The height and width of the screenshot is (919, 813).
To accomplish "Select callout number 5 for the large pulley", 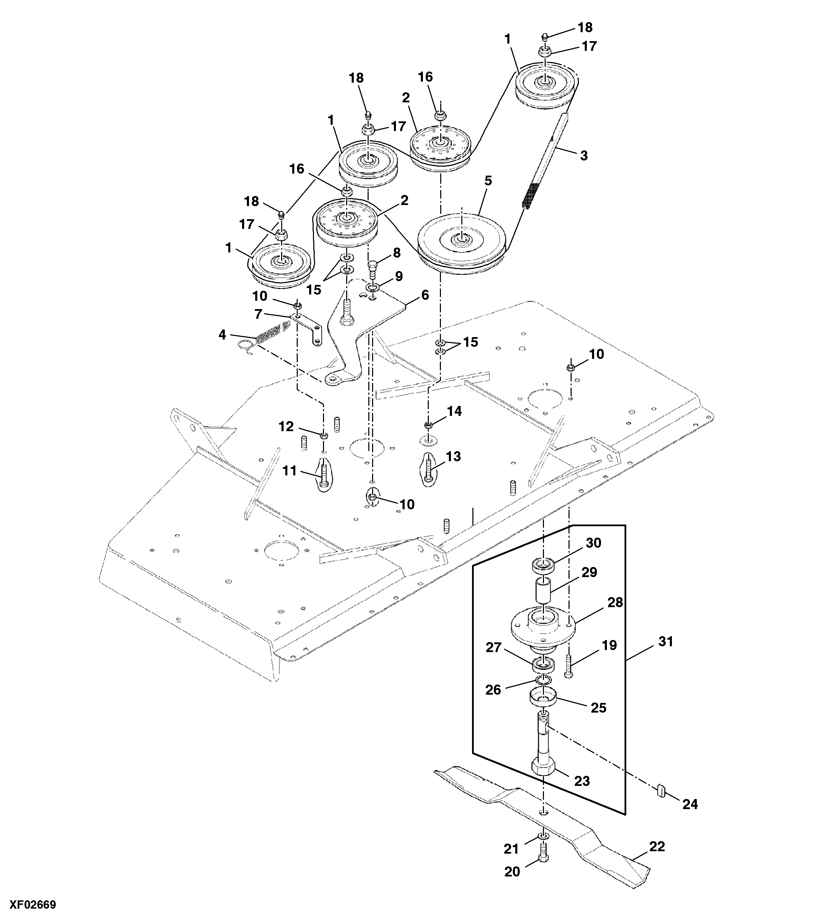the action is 488,181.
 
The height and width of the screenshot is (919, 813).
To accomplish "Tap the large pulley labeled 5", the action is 462,242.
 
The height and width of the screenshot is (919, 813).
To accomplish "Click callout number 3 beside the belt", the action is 584,156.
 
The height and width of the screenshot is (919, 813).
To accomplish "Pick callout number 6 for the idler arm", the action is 425,295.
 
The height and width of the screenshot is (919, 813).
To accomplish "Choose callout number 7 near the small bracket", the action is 258,314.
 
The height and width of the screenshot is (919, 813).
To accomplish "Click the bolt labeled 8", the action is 373,269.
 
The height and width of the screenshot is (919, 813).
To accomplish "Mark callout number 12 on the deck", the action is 286,426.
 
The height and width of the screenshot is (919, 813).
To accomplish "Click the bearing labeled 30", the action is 543,565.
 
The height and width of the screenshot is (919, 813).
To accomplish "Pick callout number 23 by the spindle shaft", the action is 582,781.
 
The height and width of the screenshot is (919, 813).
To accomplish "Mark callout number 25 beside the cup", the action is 599,708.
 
